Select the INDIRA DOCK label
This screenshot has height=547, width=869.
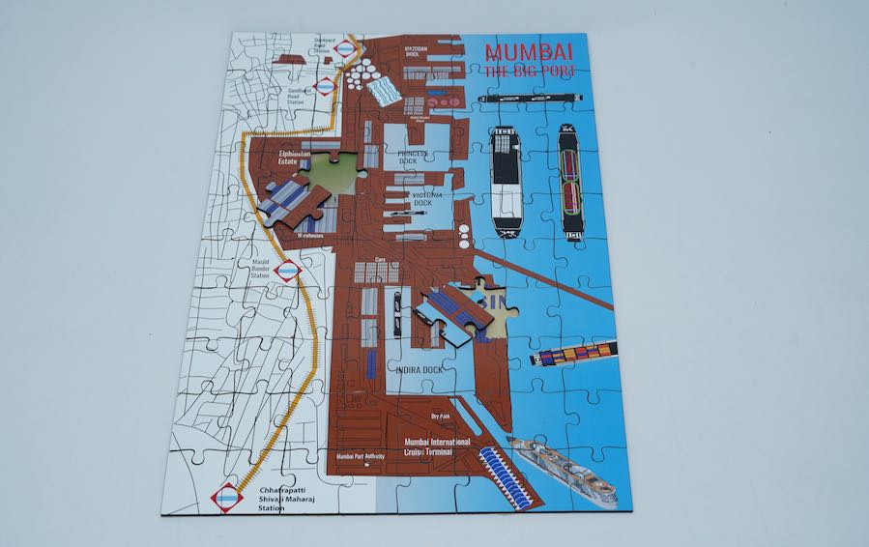(419, 368)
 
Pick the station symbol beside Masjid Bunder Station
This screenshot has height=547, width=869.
(287, 271)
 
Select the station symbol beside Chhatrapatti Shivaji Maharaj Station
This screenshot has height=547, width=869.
(227, 497)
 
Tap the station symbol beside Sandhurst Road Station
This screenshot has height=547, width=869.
(326, 86)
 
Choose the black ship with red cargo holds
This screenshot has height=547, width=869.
(572, 184)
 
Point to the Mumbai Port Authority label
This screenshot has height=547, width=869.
(361, 456)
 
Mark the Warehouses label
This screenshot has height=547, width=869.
(310, 234)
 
